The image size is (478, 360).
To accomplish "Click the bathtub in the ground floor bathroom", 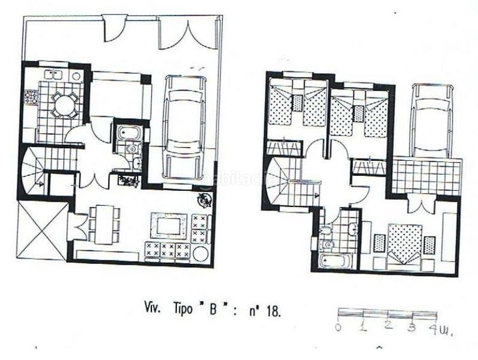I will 127,132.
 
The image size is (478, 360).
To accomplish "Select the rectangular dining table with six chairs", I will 104,224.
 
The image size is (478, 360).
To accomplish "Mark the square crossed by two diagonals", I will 43,230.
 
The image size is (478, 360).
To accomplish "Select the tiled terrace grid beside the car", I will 427,175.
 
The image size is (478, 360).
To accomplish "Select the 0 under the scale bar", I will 339,327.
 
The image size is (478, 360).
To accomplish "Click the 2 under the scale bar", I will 389,326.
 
